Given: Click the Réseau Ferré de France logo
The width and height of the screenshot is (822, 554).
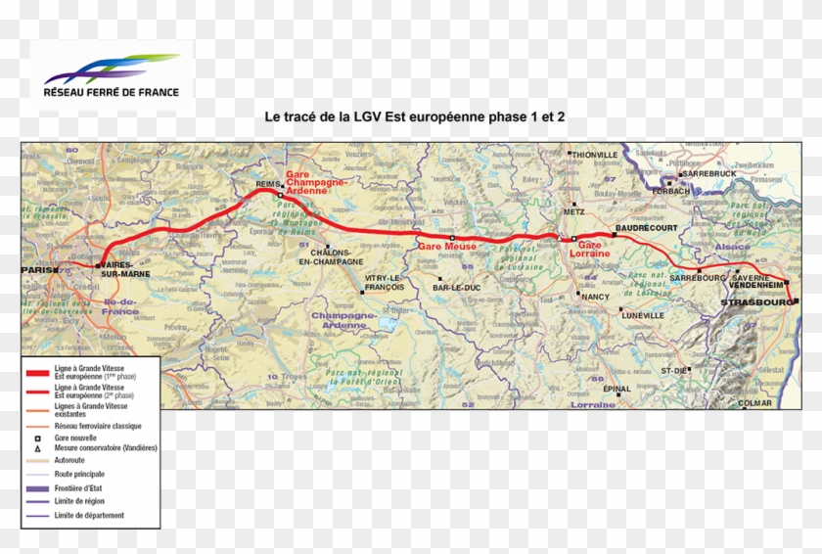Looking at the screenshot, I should (112, 76).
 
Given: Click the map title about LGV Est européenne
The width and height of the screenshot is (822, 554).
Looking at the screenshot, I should (415, 115).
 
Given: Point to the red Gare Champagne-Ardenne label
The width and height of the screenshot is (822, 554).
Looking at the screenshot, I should (315, 183).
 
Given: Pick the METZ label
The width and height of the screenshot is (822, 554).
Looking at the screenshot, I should (574, 211).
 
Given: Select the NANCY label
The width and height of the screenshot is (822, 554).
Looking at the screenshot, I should (594, 296).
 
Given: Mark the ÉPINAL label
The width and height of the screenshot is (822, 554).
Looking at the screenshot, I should (617, 389).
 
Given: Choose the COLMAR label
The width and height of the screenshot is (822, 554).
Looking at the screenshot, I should (755, 403).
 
